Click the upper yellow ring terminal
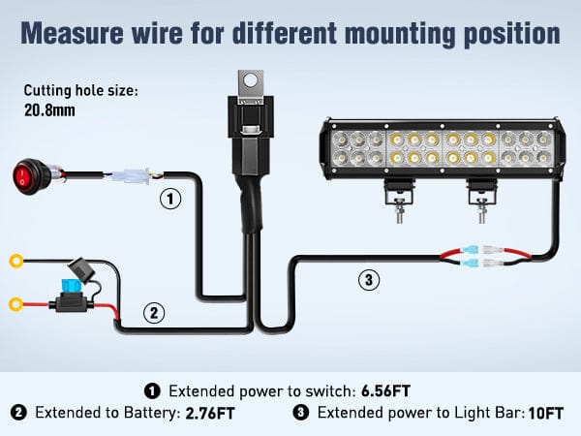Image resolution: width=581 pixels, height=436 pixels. [x=16, y=260]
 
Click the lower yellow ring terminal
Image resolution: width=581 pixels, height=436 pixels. [x=16, y=304]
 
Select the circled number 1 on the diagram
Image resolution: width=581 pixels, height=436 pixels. [x=170, y=200]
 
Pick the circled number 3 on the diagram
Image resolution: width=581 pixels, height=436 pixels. [x=367, y=281]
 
